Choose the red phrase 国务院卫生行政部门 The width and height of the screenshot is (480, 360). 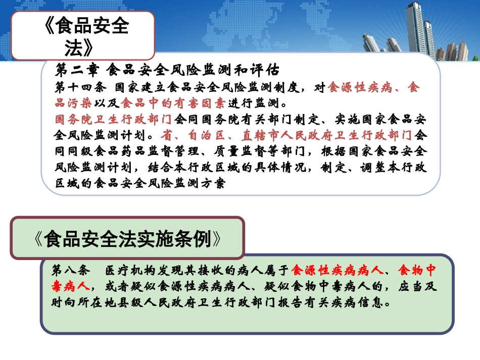(114, 120)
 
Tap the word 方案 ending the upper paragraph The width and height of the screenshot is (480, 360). (212, 184)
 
